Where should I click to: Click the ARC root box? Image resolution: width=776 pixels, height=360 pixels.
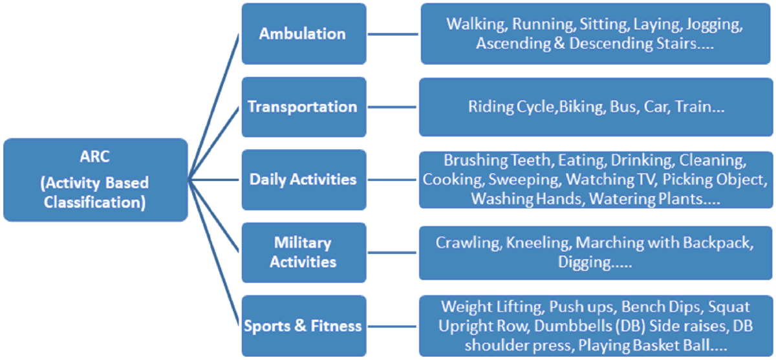point(95,180)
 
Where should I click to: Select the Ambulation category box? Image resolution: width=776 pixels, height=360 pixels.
point(303,34)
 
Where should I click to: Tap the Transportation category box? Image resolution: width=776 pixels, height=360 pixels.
point(303,107)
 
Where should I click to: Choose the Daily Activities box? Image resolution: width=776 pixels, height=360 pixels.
point(303,179)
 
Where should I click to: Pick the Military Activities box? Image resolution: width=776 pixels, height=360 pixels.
point(303,252)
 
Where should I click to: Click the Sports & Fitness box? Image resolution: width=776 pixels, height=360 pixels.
point(303,326)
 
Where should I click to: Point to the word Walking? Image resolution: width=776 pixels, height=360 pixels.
point(474,25)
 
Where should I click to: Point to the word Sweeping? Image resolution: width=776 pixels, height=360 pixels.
point(523,179)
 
